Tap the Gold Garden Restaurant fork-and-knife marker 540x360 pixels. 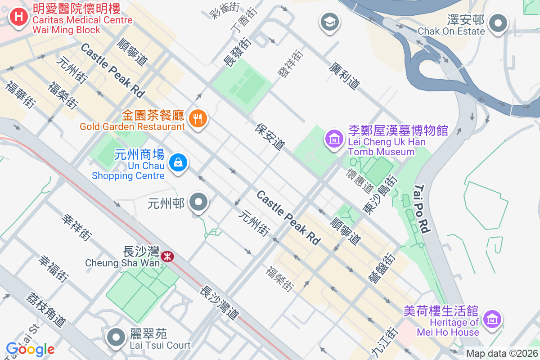[x=198, y=119]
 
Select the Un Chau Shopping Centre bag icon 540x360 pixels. [x=179, y=162]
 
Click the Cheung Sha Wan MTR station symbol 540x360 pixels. [x=167, y=256]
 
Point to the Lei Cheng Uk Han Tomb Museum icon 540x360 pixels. [x=334, y=139]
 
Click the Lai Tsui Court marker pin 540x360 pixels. [x=117, y=337]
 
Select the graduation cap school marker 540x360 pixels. [x=330, y=21]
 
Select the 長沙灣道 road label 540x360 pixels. [x=219, y=303]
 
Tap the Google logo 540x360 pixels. [x=30, y=349]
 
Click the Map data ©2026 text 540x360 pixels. [x=501, y=354]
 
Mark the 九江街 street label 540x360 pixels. [x=379, y=342]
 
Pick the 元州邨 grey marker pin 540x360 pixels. [x=198, y=202]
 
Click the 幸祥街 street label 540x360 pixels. [x=77, y=227]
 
